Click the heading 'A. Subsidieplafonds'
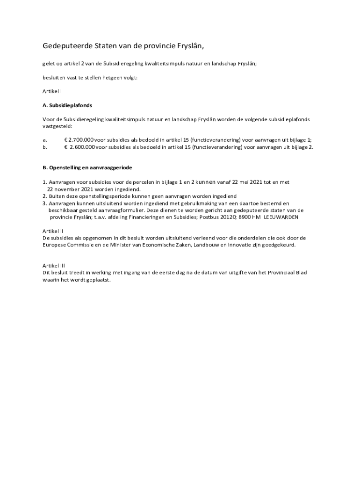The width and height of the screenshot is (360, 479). pos(67,105)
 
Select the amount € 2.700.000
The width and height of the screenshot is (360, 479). pos(79,140)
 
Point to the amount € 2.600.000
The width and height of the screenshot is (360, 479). pos(79,147)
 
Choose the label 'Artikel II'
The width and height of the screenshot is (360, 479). pos(53,231)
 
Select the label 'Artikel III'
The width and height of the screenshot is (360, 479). pos(54,265)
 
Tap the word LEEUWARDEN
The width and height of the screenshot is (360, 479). pos(281,217)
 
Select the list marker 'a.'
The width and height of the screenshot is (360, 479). pos(45,140)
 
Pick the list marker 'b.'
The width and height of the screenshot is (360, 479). pos(45,147)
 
